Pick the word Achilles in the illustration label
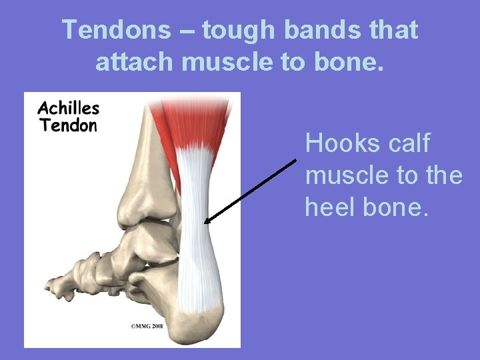[69, 108]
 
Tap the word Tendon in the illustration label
[69, 125]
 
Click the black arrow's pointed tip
[206, 223]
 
